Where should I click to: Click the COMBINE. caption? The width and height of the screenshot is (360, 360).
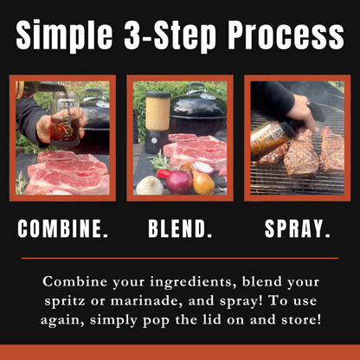63,228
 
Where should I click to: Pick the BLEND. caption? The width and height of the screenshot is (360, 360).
180,228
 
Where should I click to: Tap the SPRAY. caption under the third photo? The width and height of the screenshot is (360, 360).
297,228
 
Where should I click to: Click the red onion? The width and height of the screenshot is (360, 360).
179,182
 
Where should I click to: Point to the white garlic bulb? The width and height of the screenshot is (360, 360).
150,185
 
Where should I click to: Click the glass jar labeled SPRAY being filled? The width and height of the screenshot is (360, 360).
65,119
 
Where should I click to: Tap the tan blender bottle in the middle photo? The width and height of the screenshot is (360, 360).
157,111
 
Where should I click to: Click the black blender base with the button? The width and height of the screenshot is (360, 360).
156,141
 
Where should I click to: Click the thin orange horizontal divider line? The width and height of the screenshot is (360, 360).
180,258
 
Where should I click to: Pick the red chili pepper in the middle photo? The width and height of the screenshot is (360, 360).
163,173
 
